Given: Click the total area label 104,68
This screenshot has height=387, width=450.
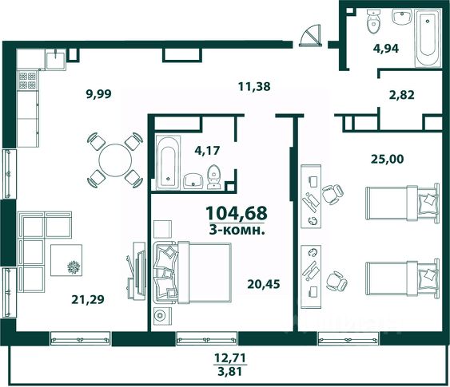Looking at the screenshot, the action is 237,213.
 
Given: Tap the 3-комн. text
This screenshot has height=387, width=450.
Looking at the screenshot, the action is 237,230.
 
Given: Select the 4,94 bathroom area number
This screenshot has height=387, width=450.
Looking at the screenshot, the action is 386,49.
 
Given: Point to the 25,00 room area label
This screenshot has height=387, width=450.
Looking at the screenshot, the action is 388,159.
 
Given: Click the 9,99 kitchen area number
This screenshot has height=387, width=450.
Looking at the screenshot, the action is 99,94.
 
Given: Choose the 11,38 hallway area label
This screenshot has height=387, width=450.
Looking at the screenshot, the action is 254,86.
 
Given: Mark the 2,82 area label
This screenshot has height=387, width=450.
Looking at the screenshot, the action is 402,95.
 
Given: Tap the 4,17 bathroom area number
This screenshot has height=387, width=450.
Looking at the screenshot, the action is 207,150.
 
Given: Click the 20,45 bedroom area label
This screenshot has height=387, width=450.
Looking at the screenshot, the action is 264,284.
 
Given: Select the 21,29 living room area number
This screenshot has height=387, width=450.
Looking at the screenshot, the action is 88,300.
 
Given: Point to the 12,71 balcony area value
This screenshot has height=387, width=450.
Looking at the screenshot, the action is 230,358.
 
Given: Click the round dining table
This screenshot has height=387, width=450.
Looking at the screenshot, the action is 115,160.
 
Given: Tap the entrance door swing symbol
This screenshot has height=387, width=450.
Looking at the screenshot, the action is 310,36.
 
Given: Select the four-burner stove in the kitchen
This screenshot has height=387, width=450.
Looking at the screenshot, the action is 27,81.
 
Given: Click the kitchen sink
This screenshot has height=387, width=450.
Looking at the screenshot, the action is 56,59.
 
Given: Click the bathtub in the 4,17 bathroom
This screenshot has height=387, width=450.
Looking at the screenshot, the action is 168,162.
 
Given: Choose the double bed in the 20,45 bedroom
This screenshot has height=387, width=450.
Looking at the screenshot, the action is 193,273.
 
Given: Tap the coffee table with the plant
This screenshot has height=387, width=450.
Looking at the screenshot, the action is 66,260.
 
